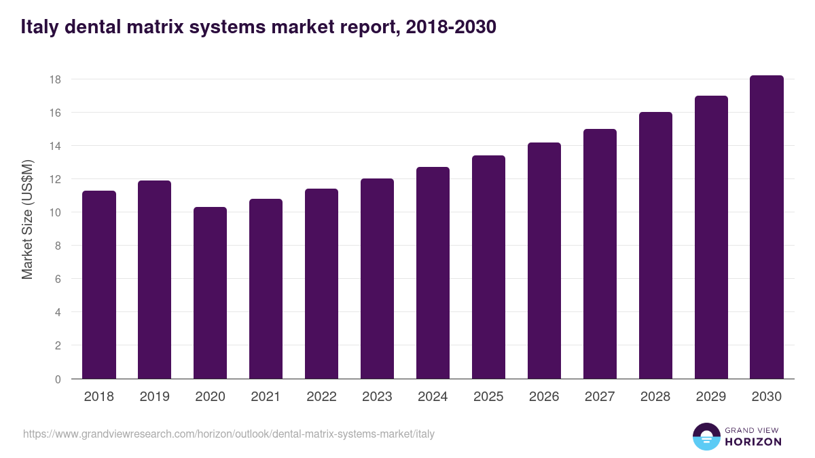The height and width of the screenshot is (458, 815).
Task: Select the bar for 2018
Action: [x=99, y=285]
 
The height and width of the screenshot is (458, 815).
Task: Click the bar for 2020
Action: [x=210, y=293]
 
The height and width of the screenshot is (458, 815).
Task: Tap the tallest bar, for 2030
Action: [x=767, y=227]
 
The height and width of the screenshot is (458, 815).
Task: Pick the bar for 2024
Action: [x=433, y=273]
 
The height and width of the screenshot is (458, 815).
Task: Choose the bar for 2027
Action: [x=600, y=254]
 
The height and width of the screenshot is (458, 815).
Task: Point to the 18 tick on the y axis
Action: [x=55, y=79]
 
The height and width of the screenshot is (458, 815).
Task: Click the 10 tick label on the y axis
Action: [x=55, y=212]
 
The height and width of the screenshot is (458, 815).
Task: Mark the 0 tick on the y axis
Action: [x=58, y=379]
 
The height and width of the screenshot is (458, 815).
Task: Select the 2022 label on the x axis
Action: [x=321, y=397]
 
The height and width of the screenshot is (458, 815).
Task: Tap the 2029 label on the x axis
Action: [x=711, y=397]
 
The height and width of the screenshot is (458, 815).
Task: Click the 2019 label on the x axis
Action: [x=154, y=397]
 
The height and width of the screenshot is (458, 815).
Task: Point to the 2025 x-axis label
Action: [x=488, y=397]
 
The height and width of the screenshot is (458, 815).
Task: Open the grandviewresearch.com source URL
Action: [x=229, y=434]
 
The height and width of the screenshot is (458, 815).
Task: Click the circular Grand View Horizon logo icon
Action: [x=706, y=436]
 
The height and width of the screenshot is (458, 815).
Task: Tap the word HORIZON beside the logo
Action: [x=753, y=442]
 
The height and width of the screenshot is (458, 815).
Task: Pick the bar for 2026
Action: [x=544, y=261]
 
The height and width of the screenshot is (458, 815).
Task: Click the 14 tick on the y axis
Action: [x=55, y=146]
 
